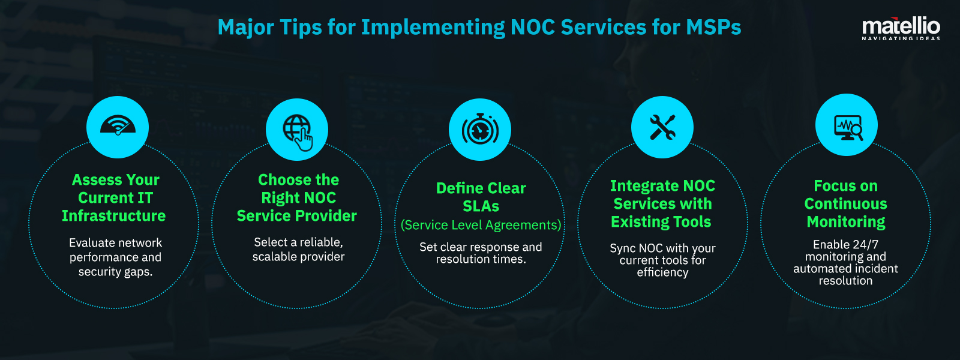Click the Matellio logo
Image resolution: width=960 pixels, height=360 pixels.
tap(901, 26)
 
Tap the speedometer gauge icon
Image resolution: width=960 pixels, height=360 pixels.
tap(118, 127)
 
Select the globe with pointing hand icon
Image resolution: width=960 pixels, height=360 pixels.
tap(298, 130)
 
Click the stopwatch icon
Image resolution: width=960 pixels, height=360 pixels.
tap(480, 130)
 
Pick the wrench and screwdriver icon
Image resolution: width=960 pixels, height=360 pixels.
tap(662, 127)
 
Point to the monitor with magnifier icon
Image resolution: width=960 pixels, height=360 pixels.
tap(847, 126)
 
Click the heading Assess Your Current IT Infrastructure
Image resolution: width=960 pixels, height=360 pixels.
tap(115, 198)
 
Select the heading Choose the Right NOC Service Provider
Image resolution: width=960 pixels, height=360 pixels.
tap(298, 198)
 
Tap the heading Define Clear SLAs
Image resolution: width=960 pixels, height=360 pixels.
tap(481, 197)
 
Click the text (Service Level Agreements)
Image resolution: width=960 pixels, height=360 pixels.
tap(481, 225)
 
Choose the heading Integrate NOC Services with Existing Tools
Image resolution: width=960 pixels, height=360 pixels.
tap(662, 204)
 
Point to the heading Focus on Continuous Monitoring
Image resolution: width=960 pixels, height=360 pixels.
tap(845, 204)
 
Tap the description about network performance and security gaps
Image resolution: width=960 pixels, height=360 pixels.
tap(115, 257)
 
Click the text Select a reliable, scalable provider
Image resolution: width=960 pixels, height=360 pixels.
tap(298, 250)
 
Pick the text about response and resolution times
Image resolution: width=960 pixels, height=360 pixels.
tap(481, 253)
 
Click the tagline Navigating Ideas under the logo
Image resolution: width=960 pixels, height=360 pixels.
tap(901, 38)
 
